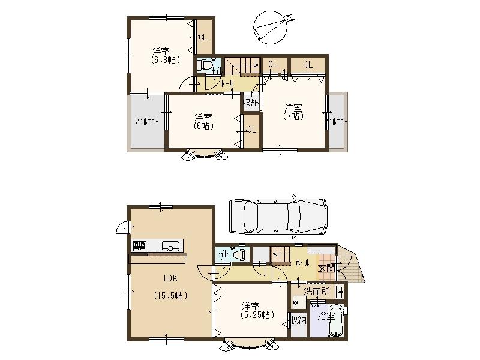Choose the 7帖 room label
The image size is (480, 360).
coord(293,112)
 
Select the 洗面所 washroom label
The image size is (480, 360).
coord(316,291)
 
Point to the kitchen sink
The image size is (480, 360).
coord(171,246)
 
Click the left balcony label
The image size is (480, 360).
coord(146,122)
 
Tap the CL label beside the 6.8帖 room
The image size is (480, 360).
coord(203,37)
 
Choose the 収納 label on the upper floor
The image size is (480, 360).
coord(251,102)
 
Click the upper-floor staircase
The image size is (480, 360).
coord(242,65)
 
